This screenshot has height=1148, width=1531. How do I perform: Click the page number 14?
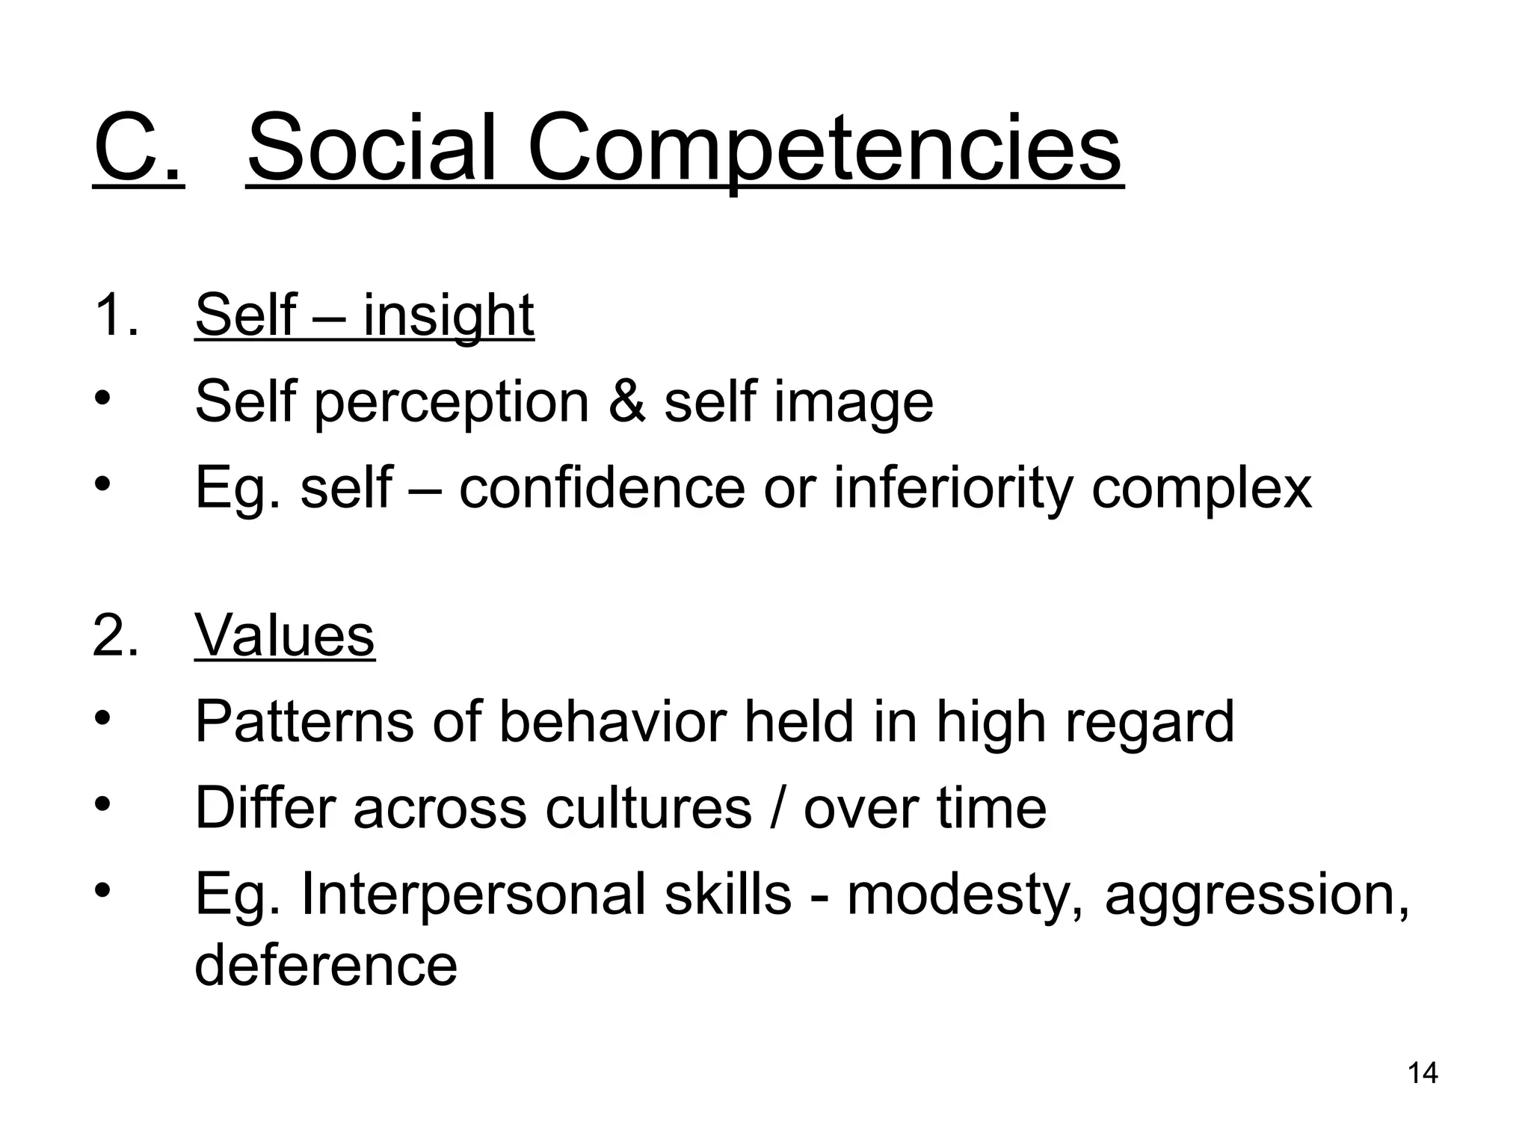[x=1423, y=1073]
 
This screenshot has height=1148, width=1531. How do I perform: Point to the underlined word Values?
[x=284, y=636]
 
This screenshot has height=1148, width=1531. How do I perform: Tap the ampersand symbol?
[x=626, y=401]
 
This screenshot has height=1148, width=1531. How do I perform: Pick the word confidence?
[x=602, y=488]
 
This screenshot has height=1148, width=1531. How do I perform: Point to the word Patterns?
[x=304, y=722]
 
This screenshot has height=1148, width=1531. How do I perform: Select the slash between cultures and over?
[x=777, y=808]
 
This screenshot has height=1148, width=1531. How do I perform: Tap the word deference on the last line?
[x=326, y=965]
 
